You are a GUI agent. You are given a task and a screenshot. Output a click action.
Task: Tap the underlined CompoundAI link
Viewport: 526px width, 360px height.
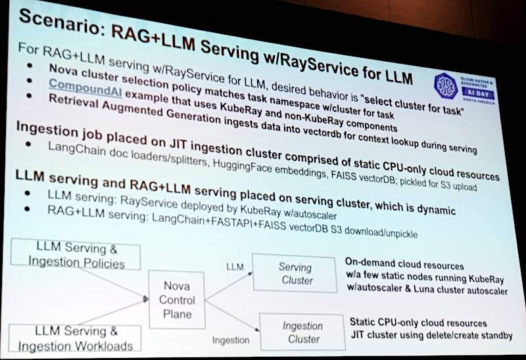[85, 89]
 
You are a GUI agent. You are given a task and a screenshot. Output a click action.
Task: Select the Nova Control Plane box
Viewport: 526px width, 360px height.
[177, 300]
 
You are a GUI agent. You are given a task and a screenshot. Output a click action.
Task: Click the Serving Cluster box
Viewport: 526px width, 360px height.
[295, 273]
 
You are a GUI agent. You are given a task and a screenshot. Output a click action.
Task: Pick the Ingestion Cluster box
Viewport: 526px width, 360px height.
[302, 332]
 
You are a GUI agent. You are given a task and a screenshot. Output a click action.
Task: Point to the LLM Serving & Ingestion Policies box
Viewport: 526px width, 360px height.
[76, 254]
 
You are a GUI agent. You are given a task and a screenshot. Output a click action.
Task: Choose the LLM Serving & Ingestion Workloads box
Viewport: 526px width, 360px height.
[75, 338]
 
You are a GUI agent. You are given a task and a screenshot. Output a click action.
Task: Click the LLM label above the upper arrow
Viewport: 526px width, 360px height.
[235, 267]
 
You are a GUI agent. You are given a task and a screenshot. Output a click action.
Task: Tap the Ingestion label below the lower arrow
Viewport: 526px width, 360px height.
[231, 340]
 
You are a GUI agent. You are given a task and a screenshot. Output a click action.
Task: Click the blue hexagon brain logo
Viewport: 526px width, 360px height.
[446, 86]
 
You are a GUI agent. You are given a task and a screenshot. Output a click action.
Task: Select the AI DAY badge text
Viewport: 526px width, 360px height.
[478, 93]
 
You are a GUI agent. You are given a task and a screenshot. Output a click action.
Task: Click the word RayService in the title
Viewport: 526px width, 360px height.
[325, 66]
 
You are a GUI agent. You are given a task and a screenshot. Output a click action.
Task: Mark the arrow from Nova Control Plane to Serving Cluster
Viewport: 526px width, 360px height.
[229, 286]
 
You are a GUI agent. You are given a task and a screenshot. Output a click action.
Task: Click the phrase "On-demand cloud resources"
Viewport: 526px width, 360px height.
[404, 264]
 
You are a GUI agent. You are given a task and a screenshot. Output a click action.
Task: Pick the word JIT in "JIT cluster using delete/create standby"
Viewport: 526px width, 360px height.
[358, 334]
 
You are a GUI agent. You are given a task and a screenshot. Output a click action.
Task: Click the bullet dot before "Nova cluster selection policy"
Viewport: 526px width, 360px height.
[30, 65]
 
